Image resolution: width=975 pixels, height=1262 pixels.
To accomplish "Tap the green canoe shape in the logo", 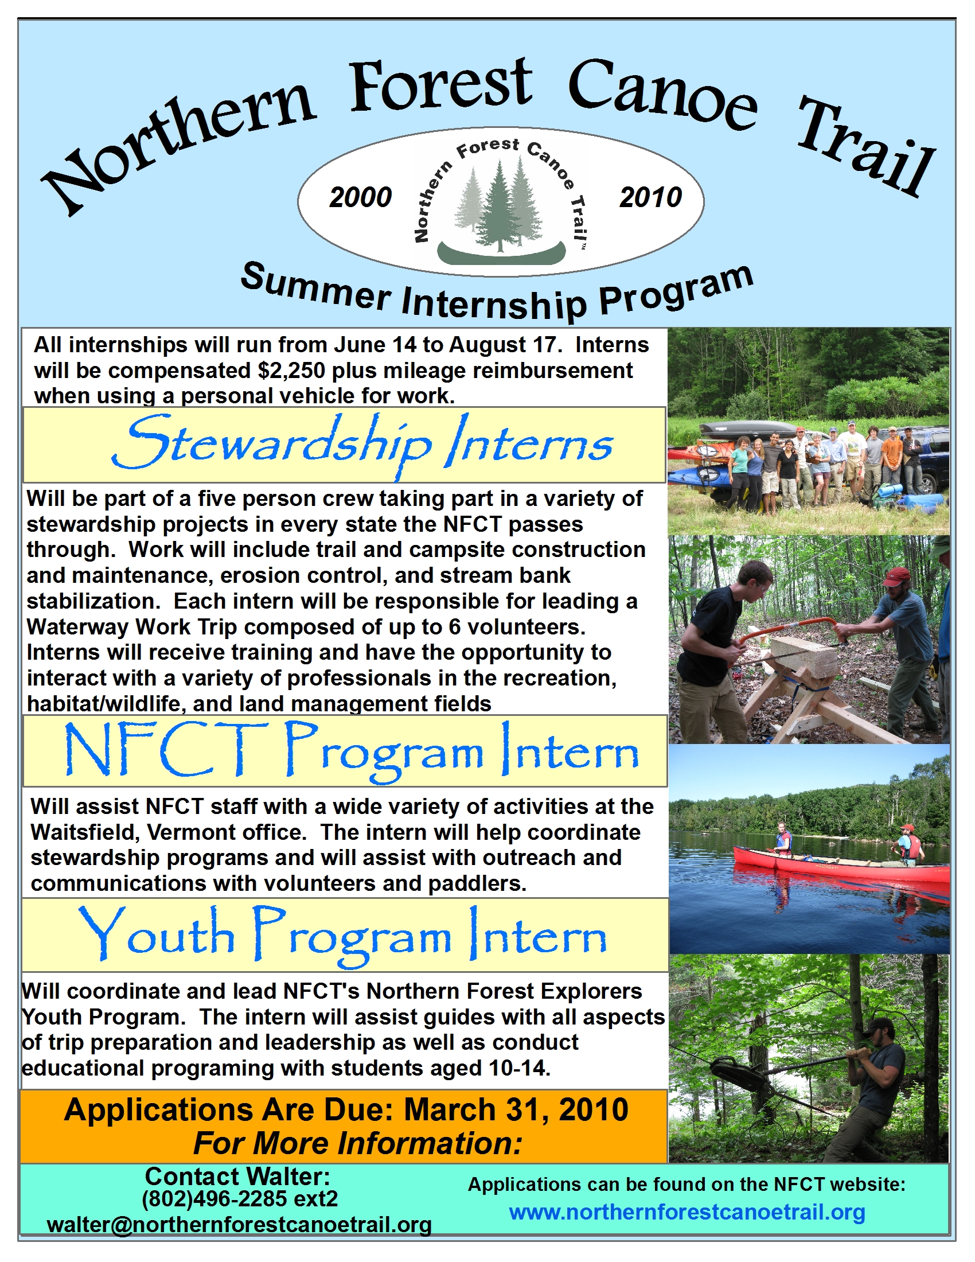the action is tap(501, 252).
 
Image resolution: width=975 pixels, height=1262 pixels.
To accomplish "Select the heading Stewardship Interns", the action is tap(362, 445).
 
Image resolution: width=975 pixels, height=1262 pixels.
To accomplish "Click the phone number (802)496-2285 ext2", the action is tap(240, 1198).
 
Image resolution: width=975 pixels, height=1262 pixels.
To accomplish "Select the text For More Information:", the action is tap(357, 1143).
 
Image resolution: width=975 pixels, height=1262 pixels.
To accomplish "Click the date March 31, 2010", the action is tap(516, 1110).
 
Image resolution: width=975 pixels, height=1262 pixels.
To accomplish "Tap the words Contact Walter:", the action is tap(237, 1176).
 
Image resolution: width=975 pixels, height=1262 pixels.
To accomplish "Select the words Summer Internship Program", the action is tap(497, 292).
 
